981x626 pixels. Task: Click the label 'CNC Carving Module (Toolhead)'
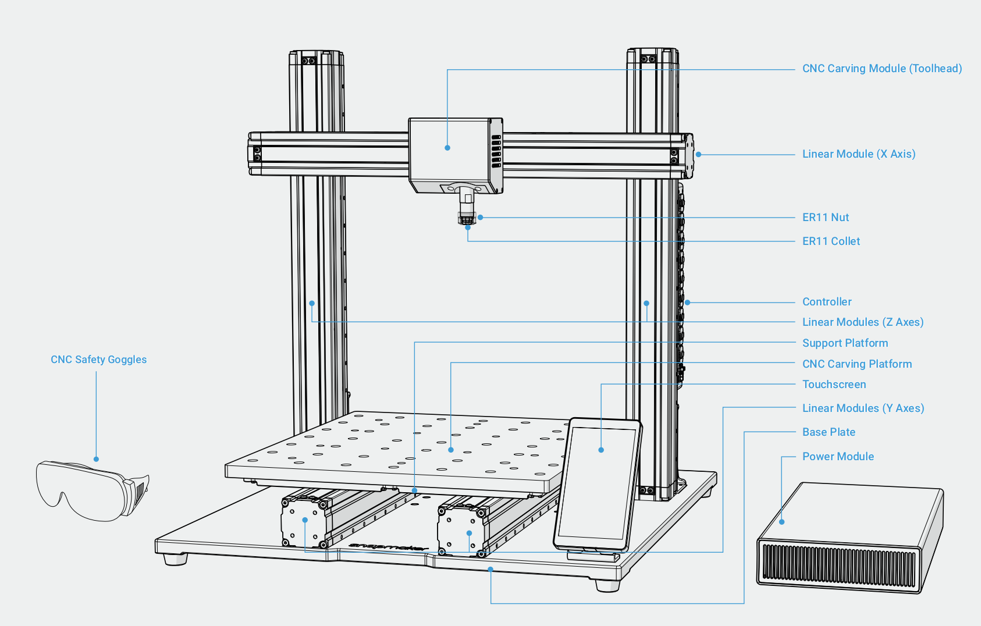point(882,69)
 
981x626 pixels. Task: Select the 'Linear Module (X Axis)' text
point(858,154)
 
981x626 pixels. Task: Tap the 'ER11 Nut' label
point(825,218)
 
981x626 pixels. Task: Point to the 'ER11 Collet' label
point(830,241)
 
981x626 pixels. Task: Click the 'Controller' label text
point(826,302)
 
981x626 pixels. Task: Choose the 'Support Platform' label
point(844,343)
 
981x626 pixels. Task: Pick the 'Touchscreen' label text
point(833,385)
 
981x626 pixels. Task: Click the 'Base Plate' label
point(828,432)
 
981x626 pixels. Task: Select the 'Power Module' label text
point(837,457)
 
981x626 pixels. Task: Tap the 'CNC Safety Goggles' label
point(98,360)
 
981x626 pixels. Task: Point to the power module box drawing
point(850,538)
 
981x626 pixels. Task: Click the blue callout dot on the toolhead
point(447,148)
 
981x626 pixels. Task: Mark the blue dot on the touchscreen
point(601,450)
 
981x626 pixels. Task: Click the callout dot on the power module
point(782,522)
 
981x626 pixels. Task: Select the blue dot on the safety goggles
point(97,459)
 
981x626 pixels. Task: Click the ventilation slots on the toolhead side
point(496,151)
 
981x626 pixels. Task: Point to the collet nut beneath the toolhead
point(467,218)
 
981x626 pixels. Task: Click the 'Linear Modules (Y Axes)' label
point(862,408)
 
